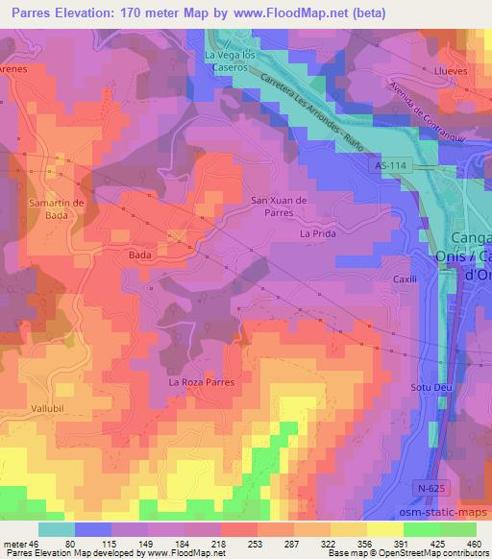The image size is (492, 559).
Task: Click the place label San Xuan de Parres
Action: click(x=278, y=206)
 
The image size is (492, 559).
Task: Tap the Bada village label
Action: click(x=139, y=256)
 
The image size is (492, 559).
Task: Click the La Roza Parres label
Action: click(x=202, y=382)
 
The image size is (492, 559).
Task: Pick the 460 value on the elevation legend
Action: click(x=473, y=542)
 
